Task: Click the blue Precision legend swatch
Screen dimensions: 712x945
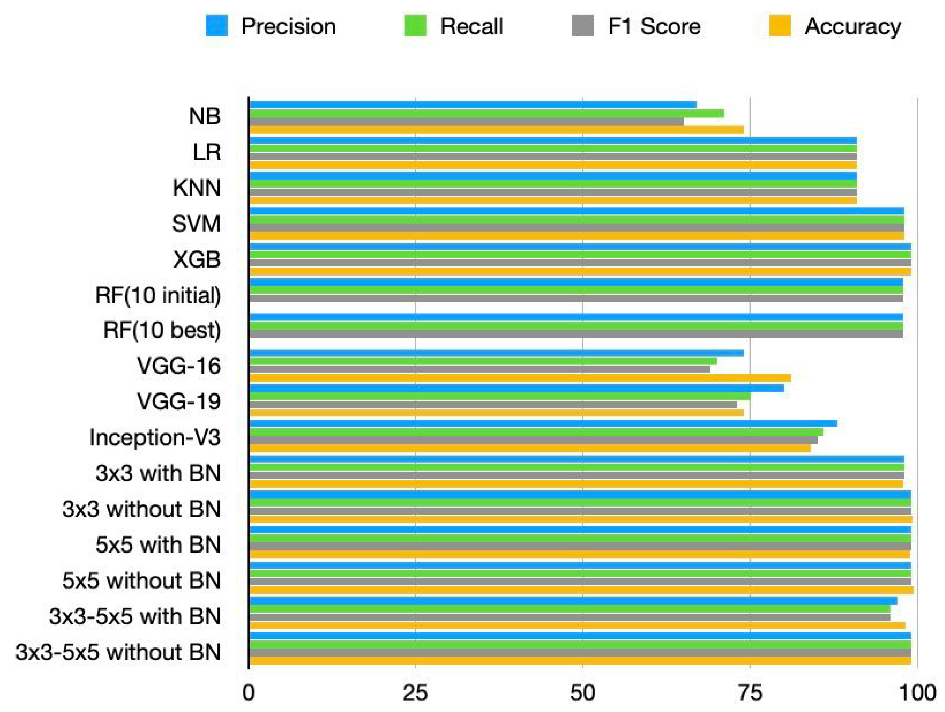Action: pos(217,26)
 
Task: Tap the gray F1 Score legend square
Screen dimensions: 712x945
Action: pos(583,26)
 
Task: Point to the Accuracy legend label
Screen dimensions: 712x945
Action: pos(852,27)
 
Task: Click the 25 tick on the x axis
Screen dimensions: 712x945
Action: pos(414,693)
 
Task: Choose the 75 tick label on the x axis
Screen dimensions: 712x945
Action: pos(750,693)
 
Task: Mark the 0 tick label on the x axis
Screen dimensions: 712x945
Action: pos(248,693)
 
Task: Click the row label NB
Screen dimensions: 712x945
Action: pos(205,116)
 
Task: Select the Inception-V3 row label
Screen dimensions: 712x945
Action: pos(155,438)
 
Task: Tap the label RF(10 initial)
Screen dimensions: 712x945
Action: pos(158,295)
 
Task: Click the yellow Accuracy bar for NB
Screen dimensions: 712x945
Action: pos(495,130)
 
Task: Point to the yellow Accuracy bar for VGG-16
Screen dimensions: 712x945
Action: pos(519,377)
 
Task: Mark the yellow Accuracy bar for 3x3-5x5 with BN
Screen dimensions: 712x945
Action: pos(577,625)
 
